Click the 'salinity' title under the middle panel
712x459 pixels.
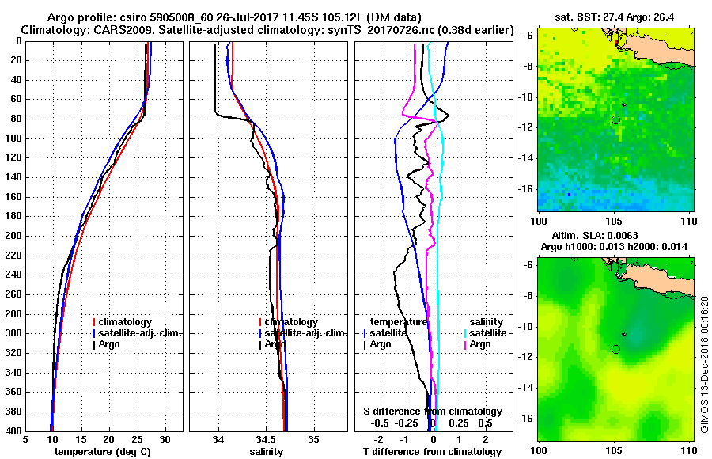267,452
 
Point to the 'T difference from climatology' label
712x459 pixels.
432,452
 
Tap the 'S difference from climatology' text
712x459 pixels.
432,412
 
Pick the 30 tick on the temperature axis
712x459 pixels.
165,439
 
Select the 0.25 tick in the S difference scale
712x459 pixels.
458,423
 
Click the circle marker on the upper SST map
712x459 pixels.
615,119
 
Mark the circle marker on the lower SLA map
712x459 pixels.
615,349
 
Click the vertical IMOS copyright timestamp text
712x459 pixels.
703,369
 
